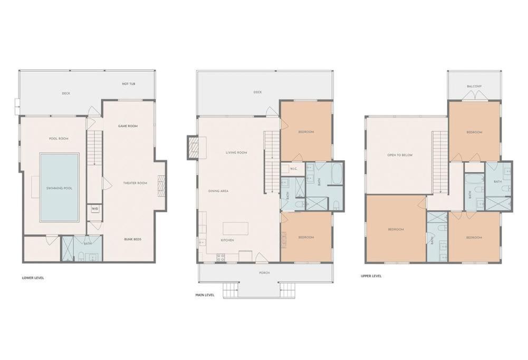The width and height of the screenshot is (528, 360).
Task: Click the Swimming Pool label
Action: (59, 188)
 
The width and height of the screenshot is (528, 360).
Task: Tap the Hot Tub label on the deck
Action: (129, 84)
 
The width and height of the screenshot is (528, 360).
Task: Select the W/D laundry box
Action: (94, 209)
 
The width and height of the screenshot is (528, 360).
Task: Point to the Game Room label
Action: (128, 126)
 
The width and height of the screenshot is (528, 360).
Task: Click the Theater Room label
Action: (135, 183)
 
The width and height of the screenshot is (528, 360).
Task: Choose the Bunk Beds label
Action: (133, 239)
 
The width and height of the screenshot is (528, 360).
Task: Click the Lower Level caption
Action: (33, 278)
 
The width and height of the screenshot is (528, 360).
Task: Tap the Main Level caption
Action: (205, 295)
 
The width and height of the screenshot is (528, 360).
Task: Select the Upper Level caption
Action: (371, 276)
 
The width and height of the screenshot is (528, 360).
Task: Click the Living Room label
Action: (236, 153)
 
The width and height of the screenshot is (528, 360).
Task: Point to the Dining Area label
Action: (218, 191)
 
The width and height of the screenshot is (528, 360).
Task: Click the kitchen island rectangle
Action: (235, 228)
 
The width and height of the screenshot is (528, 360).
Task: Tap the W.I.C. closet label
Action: (293, 169)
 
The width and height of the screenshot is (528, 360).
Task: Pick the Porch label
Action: (264, 273)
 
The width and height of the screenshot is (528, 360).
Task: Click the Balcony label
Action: (474, 86)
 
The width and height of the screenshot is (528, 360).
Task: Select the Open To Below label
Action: (400, 155)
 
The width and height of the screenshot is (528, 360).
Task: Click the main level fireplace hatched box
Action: (193, 147)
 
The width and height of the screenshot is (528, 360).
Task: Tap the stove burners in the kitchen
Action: (220, 257)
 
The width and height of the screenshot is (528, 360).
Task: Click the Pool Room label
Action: (59, 139)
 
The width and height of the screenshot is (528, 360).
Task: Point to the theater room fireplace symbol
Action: (161, 186)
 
